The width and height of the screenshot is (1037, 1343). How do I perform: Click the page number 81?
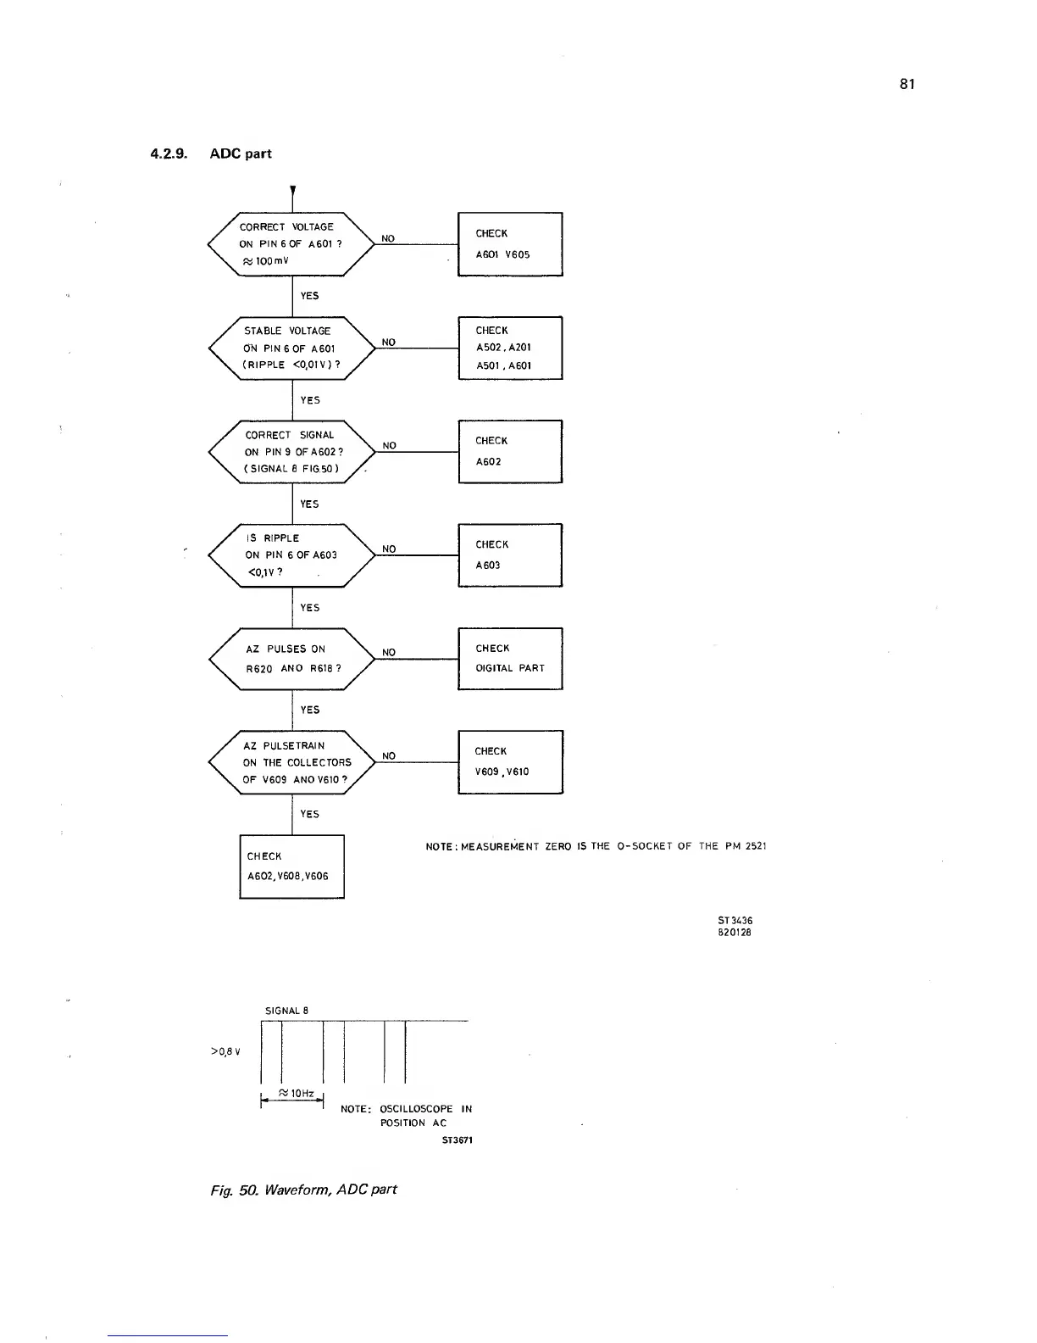point(907,84)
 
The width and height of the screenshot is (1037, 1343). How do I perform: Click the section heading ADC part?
point(241,153)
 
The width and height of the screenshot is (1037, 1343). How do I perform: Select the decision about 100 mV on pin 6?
point(291,243)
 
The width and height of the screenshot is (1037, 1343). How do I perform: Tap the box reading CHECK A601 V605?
point(510,244)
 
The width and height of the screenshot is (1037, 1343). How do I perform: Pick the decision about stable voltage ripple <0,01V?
point(291,348)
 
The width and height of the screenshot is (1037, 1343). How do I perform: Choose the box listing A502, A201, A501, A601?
point(510,348)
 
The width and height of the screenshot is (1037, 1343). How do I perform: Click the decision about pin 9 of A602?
point(291,452)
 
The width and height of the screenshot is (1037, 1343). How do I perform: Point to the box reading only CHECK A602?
point(510,451)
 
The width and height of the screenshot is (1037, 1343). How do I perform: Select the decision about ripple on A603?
point(291,555)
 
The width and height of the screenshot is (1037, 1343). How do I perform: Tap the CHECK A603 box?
point(510,555)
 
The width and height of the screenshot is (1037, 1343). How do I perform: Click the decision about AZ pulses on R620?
point(291,659)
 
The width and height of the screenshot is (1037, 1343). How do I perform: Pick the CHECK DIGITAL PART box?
point(510,659)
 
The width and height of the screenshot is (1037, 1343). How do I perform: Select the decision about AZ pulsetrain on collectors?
point(291,763)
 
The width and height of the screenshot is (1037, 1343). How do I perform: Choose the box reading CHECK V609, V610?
point(510,761)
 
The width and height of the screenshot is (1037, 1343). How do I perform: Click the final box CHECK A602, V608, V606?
point(291,867)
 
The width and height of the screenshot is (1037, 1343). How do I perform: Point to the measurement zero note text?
point(596,846)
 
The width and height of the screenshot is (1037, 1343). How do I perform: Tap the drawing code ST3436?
point(735,921)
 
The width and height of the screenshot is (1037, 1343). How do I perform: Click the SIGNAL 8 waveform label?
point(287,1011)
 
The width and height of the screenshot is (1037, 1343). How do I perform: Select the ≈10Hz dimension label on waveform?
point(297,1094)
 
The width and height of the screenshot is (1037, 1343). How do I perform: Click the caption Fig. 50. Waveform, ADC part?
point(303,1189)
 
